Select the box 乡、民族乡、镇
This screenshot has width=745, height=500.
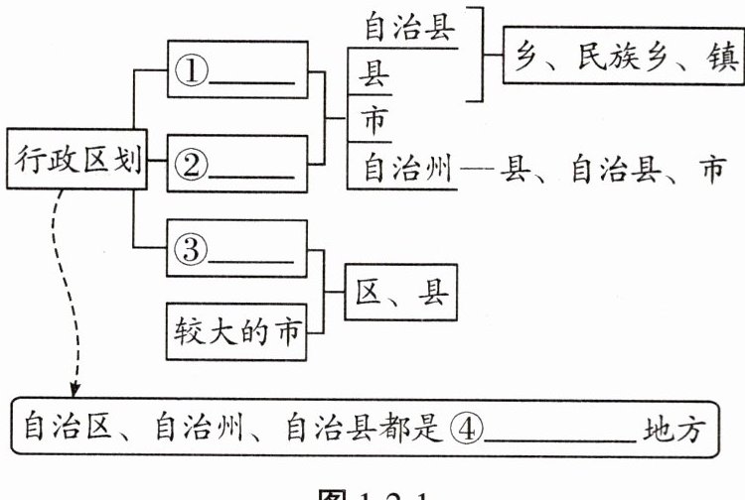pyautogui.click(x=622, y=57)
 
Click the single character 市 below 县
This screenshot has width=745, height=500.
pyautogui.click(x=374, y=121)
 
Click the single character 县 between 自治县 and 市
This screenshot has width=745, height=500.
pyautogui.click(x=374, y=74)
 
